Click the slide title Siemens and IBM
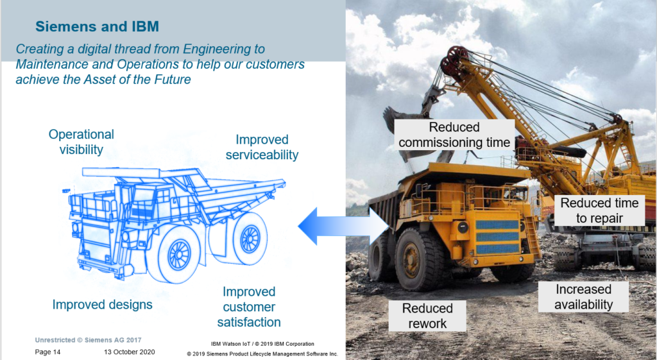click(98, 26)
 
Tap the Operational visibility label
click(81, 142)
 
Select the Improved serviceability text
click(262, 147)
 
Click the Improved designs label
click(102, 304)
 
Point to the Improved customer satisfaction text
click(249, 307)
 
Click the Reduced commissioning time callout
click(454, 135)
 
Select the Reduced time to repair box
click(599, 210)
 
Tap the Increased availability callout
click(583, 296)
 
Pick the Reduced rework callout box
click(427, 316)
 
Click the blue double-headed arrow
click(344, 227)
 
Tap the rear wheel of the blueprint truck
click(250, 239)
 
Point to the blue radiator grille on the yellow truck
click(497, 237)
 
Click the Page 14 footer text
click(47, 352)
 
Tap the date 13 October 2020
click(130, 352)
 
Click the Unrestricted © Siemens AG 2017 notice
click(88, 340)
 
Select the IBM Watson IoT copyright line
click(262, 344)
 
